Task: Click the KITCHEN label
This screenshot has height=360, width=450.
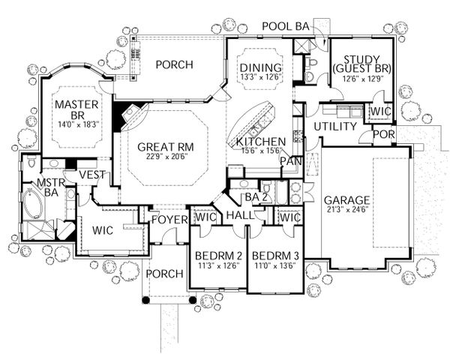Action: click(x=259, y=141)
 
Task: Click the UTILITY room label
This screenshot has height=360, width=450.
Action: click(x=333, y=126)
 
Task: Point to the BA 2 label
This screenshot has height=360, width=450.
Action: click(x=256, y=197)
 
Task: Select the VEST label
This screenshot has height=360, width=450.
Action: click(x=91, y=175)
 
